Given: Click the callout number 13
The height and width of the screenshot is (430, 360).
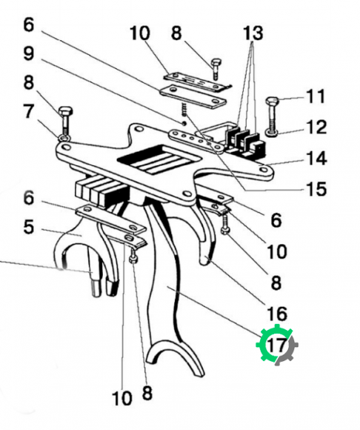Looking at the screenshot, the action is pos(253,33).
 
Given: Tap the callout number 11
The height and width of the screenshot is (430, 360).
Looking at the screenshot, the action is pos(316,96).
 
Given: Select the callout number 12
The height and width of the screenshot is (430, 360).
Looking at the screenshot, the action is pos(317,127).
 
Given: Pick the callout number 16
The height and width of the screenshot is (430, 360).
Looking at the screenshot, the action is pos(277,314).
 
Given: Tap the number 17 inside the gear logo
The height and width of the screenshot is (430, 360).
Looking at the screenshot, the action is pos(277,345).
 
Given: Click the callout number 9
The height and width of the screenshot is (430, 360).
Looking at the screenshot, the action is pos(29,53).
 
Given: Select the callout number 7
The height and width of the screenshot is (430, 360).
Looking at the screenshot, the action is pos(29,111).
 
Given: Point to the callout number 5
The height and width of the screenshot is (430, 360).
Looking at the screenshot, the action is pos(28,227).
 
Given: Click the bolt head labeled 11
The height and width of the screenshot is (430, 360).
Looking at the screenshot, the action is pos(273,101).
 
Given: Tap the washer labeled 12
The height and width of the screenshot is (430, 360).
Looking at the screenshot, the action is pos(272,133).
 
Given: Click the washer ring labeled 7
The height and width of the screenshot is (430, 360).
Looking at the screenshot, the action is pos(64,137).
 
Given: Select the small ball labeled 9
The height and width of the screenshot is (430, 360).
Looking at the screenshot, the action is pos(184,123).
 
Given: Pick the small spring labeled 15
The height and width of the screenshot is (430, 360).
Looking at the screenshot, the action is pos(184,109).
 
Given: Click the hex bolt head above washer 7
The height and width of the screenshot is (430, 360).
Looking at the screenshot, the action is pos(65,111).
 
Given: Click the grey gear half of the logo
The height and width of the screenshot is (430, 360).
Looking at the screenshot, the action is pos(287,351).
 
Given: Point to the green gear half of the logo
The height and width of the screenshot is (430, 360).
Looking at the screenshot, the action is pos(267,343).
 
